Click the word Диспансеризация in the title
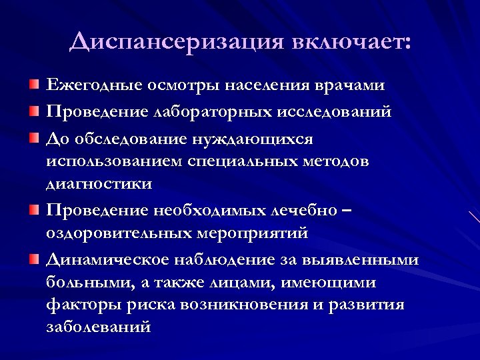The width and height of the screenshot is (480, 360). pyautogui.click(x=176, y=41)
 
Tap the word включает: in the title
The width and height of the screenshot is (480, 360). pyautogui.click(x=352, y=41)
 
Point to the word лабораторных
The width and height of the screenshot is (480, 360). pyautogui.click(x=211, y=112)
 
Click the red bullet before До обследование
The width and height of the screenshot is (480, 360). pyautogui.click(x=34, y=138)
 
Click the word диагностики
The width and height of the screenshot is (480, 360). pyautogui.click(x=99, y=183)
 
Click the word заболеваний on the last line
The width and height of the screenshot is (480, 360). pyautogui.click(x=99, y=327)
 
